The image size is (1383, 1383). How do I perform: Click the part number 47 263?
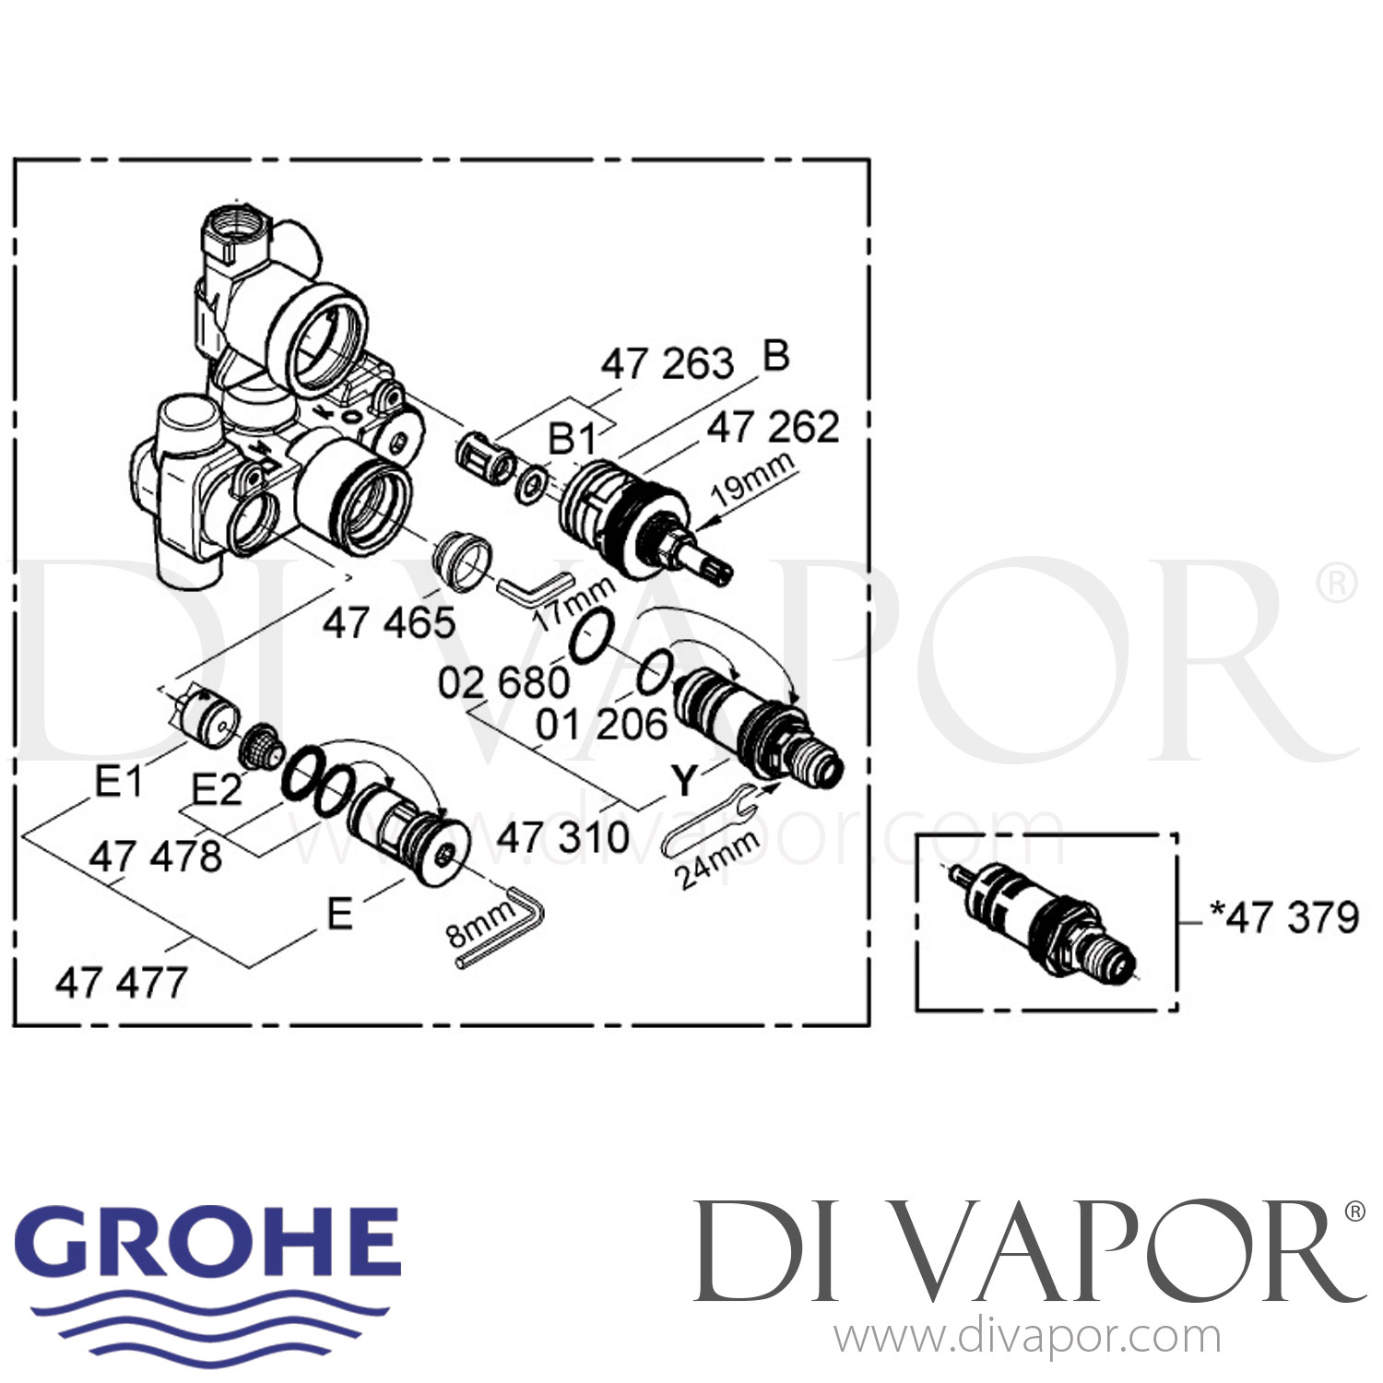point(667,364)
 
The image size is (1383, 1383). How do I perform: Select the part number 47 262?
point(773,428)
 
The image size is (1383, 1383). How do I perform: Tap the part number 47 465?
point(388,623)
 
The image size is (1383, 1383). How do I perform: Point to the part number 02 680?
point(503,683)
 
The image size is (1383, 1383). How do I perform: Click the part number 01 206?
point(601,725)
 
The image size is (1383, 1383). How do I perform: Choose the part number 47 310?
point(562,838)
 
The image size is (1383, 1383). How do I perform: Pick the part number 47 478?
point(156,857)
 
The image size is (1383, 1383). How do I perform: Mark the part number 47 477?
point(121,983)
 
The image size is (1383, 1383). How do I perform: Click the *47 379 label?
point(1284,917)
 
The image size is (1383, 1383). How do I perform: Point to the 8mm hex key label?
point(479,923)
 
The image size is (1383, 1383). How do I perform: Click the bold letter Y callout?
point(683,780)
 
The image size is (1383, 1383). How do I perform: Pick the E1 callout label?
point(118,783)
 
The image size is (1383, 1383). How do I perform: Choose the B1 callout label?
point(571,439)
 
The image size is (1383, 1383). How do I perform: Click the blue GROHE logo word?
point(208,1240)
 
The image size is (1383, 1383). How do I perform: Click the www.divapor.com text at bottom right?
point(1027,1338)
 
